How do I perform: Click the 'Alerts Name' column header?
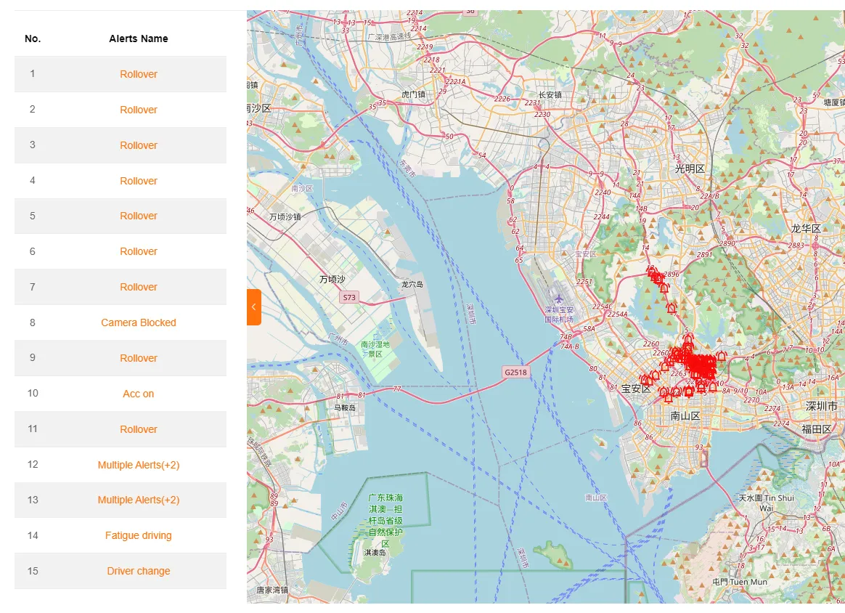click(x=138, y=38)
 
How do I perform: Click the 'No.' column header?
click(x=33, y=38)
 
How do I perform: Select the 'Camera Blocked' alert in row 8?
click(x=138, y=322)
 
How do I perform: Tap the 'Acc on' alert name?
click(x=138, y=394)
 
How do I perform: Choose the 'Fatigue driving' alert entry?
click(x=138, y=535)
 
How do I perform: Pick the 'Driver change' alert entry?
click(x=138, y=571)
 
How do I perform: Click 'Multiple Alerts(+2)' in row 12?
click(x=138, y=465)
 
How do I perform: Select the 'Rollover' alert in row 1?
click(x=138, y=74)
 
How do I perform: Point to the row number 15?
click(x=33, y=571)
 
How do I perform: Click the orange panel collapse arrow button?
click(x=253, y=307)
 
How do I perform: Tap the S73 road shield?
click(x=349, y=298)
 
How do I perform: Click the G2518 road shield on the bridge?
click(x=516, y=373)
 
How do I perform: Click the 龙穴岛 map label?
click(x=412, y=285)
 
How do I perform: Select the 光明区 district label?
click(x=690, y=169)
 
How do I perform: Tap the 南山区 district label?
click(x=685, y=416)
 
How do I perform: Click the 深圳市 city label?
click(x=821, y=406)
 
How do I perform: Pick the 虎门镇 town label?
click(x=414, y=94)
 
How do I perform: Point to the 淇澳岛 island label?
click(x=375, y=553)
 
